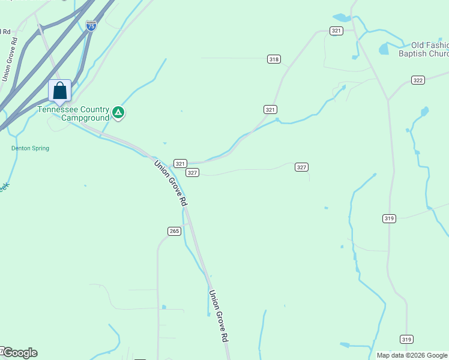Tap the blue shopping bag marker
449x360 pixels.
pos(59,91)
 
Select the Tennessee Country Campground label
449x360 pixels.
pos(73,113)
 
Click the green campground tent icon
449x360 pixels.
pos(119,112)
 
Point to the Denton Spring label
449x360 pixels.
pos(30,148)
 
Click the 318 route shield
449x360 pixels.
pos(274,59)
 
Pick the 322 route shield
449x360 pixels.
pos(418,80)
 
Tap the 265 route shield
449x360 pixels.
pos(174,231)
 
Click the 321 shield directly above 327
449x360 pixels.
pos(180,163)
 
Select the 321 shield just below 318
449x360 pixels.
pos(270,109)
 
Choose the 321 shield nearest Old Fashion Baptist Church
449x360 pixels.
pos(336,31)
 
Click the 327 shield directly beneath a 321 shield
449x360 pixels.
pos(192,172)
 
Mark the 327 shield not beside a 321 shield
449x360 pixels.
pos(301,167)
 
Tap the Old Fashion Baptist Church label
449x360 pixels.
pos(423,49)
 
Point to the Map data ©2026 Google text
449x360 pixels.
pos(412,355)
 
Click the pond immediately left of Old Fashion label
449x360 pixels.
pos(384,49)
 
